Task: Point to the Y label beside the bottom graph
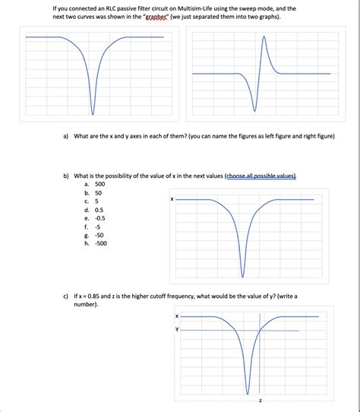(176, 330)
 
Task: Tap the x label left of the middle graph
(172, 199)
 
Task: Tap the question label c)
(66, 296)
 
